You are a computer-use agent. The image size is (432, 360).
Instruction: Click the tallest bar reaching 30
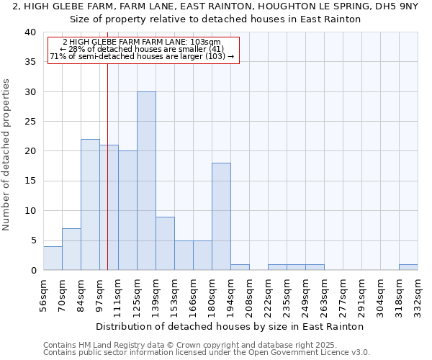coord(146,181)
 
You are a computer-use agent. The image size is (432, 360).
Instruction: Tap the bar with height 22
coord(90,204)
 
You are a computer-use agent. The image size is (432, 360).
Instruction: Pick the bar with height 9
coord(165,243)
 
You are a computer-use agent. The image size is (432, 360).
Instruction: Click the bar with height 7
coord(71,249)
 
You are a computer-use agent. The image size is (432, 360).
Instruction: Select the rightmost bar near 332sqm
coord(408,267)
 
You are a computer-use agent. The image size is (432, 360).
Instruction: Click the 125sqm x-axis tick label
coord(138,294)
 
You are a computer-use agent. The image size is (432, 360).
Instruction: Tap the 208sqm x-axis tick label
coord(250,294)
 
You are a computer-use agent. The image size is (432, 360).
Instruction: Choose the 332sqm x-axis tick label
coord(418,294)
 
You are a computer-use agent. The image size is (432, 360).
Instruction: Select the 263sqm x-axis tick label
coord(325,294)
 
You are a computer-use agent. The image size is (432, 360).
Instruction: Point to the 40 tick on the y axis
coord(30,32)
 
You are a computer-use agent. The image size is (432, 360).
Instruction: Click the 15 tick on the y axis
coord(30,181)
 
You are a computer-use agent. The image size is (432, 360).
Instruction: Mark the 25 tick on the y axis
coord(30,122)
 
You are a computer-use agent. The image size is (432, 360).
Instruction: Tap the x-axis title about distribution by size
coord(230,326)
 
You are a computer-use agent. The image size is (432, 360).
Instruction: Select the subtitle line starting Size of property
coord(215,19)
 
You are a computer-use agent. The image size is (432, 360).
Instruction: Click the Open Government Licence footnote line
coord(207,353)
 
